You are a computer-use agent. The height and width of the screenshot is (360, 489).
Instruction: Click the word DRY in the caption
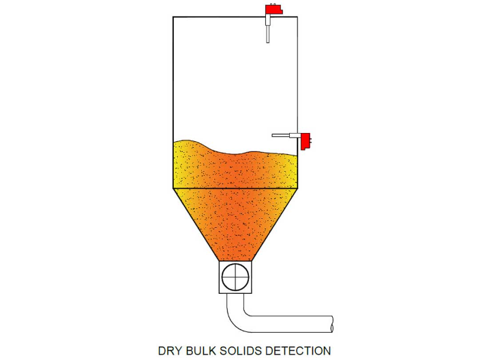[171, 350]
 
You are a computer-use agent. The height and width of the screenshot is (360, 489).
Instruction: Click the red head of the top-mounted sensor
[273, 10]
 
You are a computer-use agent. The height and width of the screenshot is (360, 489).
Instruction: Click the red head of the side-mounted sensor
[306, 141]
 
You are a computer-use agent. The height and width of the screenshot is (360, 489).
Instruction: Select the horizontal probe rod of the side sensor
[281, 135]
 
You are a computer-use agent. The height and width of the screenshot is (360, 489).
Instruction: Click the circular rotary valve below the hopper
[235, 277]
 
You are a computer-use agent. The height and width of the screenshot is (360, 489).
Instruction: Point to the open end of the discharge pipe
[331, 324]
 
